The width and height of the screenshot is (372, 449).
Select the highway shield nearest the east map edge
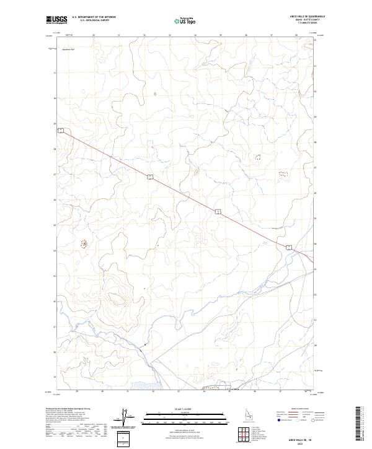[288, 247]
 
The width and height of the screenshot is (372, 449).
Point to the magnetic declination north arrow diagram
[123, 418]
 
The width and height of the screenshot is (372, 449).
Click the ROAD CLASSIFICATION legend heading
[299, 409]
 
